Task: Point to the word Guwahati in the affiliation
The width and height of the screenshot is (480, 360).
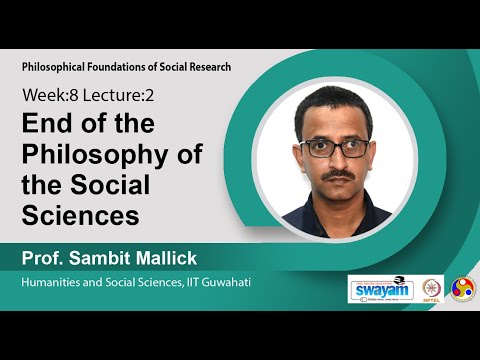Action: pyautogui.click(x=224, y=284)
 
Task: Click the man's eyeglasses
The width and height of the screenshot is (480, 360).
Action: pyautogui.click(x=331, y=148)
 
